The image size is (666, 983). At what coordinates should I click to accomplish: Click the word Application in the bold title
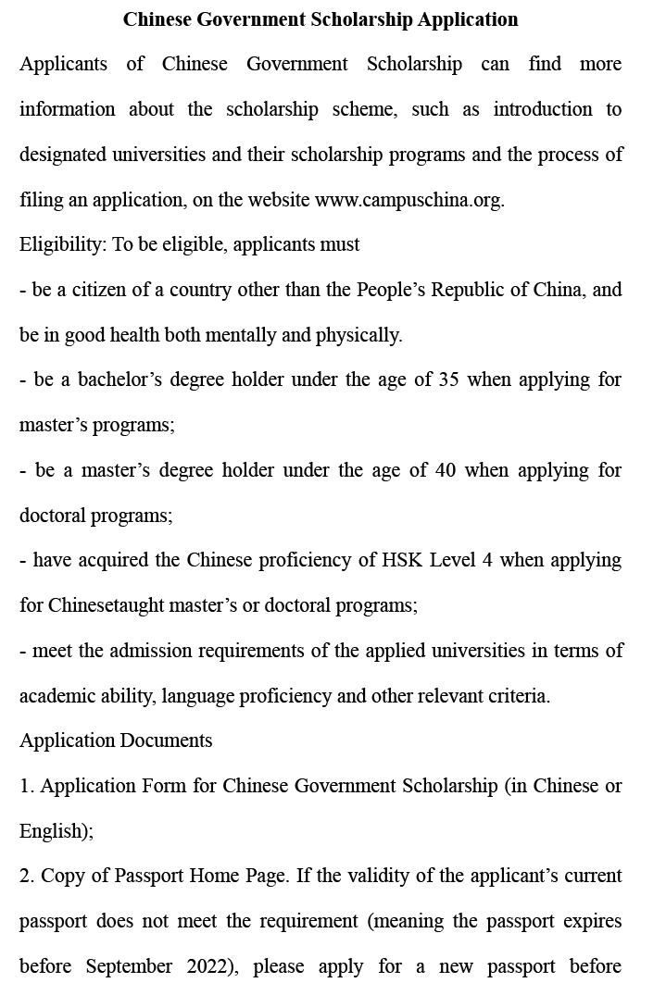[470, 19]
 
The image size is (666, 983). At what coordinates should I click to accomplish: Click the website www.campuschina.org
[408, 200]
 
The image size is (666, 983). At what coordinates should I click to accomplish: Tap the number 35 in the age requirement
[448, 380]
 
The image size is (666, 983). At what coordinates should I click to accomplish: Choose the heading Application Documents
[116, 740]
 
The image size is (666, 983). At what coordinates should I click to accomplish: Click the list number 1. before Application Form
[27, 786]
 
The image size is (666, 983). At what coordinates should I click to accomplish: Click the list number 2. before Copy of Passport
[27, 876]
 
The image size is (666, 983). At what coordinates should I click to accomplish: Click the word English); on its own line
[57, 831]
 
